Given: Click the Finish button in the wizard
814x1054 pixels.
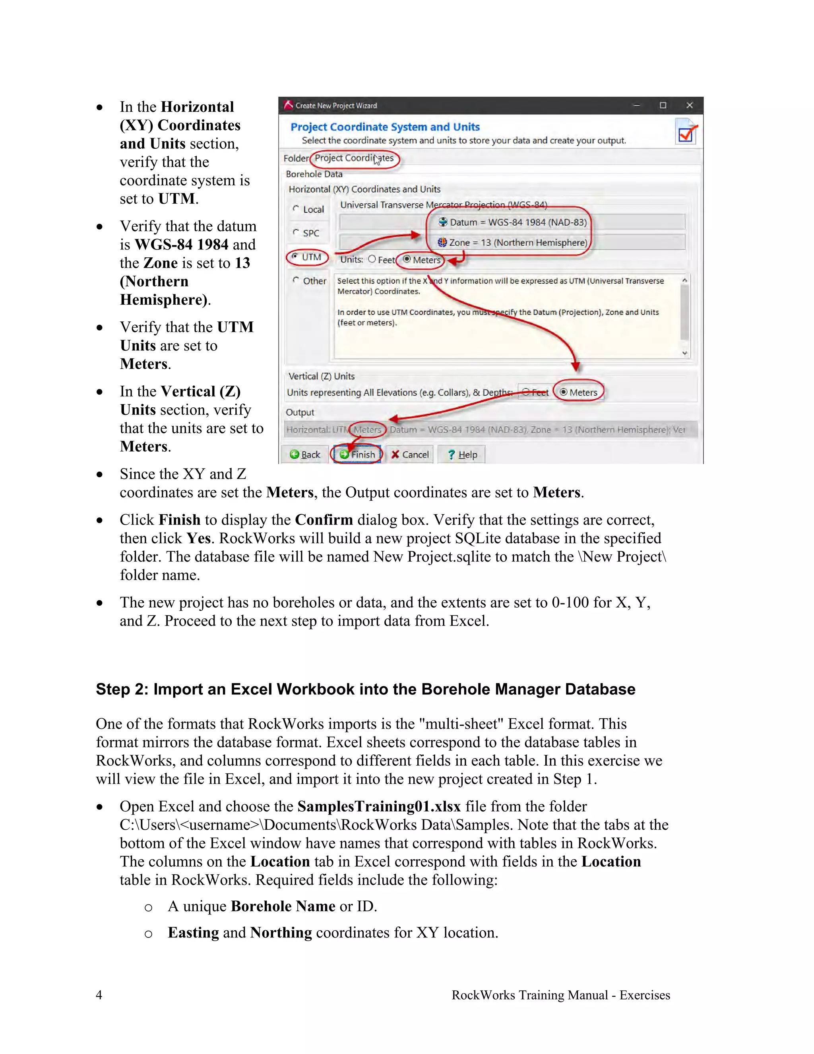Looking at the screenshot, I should [357, 454].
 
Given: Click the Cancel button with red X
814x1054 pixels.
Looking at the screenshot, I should [410, 454].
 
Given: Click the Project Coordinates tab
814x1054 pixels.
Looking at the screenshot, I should [354, 158].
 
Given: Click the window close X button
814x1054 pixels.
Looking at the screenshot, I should [690, 105].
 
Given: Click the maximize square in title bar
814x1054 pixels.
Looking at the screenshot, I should [663, 105].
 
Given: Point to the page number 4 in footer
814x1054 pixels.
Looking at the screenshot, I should [99, 995].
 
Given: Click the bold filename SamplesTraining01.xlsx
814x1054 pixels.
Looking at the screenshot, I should [379, 807].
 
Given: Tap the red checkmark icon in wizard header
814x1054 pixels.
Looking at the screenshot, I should [686, 132].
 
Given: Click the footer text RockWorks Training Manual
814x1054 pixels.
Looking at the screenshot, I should [560, 995].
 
